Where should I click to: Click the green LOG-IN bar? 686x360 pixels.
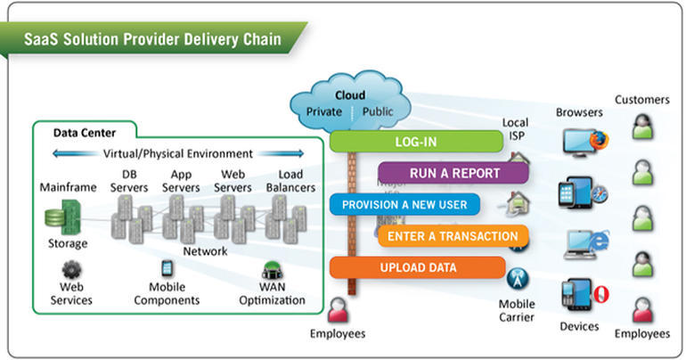point(417,143)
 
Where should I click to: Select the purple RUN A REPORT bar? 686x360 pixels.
point(453,174)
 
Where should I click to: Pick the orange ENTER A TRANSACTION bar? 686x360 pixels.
point(453,236)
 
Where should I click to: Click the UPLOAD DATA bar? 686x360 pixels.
point(417,267)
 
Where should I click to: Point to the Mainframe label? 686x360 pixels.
point(68,188)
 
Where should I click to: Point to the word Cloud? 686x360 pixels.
point(349,95)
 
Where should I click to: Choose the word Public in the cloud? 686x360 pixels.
point(378,112)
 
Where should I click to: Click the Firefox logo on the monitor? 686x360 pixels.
point(600,141)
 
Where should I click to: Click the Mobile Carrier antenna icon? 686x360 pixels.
point(516,278)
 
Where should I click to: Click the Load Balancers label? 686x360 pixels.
point(290,181)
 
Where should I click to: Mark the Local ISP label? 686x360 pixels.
point(515,127)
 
